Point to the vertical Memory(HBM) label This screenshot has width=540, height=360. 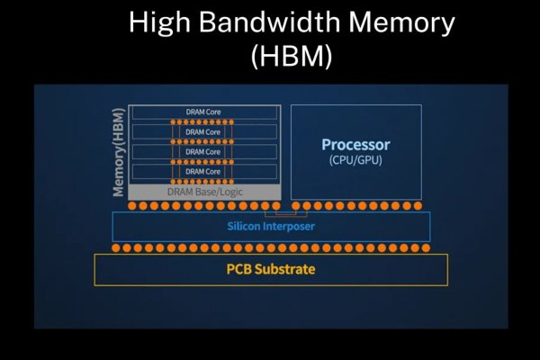118,151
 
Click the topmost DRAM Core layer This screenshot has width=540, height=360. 203,112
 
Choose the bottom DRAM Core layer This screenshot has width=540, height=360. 203,171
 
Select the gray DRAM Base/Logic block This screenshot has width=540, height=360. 204,192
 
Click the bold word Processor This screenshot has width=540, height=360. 355,145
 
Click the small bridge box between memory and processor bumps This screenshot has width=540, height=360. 285,213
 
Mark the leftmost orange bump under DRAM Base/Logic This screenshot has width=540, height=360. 133,206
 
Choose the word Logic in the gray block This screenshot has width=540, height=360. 229,192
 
